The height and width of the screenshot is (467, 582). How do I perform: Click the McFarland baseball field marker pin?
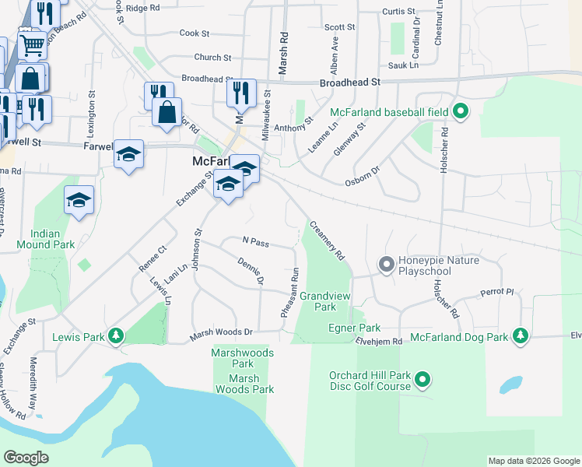[461, 111]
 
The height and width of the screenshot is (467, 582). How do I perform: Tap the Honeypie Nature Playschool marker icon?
[386, 265]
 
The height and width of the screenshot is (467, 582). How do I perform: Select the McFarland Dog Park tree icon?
[520, 336]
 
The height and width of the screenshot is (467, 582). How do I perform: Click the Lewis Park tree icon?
[116, 337]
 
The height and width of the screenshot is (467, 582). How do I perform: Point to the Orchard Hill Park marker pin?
[422, 381]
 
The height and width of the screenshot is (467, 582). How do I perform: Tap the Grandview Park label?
[328, 301]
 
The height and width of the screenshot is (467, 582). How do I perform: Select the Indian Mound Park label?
[53, 239]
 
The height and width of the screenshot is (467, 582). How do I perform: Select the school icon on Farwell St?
[128, 154]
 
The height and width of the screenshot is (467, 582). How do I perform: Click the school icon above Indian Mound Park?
[79, 201]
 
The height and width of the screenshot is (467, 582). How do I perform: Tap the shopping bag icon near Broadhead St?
[167, 111]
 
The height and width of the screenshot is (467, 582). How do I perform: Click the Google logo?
[26, 458]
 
